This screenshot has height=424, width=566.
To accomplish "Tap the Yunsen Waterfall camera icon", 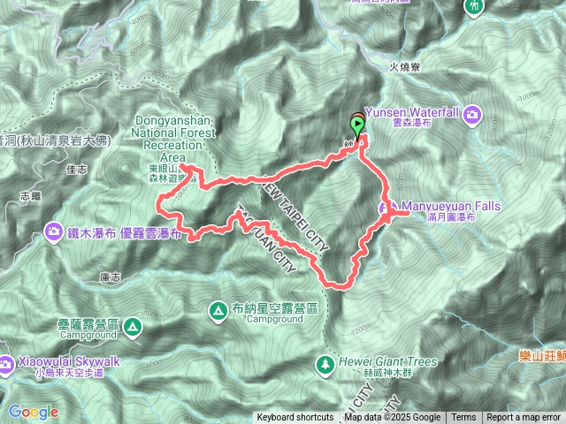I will click(x=473, y=113).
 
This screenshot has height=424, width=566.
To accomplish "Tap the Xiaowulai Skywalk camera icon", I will click(x=7, y=361).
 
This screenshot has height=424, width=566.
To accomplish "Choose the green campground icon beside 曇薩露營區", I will click(x=133, y=328).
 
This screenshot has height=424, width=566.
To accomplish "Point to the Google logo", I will click(x=33, y=412).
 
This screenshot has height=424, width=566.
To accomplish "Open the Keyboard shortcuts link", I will click(x=295, y=418).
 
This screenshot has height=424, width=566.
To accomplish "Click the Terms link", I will click(x=463, y=418).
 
